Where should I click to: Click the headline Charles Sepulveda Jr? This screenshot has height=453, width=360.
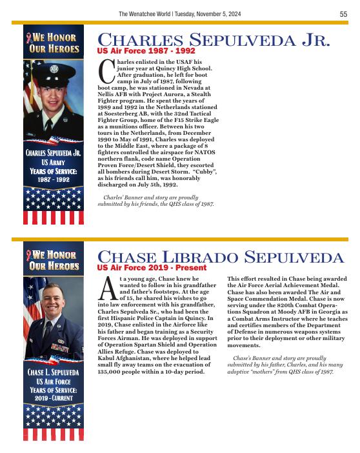click(x=214, y=41)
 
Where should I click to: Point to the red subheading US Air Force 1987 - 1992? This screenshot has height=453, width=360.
click(x=146, y=50)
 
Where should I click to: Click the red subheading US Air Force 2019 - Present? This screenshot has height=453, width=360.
click(x=152, y=267)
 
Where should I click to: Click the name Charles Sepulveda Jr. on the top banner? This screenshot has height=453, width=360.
click(x=53, y=153)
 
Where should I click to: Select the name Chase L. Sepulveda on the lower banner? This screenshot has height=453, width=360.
click(x=53, y=373)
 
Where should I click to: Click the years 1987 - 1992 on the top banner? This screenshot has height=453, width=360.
click(x=53, y=180)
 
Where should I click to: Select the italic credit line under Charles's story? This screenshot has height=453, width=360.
click(x=159, y=201)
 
